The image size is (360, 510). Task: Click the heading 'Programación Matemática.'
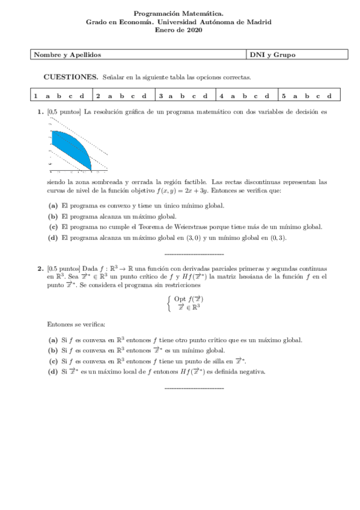tap(179, 12)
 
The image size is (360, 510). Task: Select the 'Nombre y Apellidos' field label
tap(67, 55)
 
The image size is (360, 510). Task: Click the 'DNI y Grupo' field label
tap(272, 55)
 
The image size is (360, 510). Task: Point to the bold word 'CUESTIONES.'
tap(71, 78)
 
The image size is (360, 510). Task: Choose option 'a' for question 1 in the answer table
tap(47, 96)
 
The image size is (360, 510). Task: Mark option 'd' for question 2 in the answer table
tap(144, 96)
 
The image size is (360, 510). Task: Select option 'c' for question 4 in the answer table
tap(255, 96)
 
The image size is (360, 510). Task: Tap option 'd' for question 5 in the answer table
tap(329, 96)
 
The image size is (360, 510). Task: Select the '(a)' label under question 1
tap(53, 206)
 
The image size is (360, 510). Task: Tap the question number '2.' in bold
tap(40, 268)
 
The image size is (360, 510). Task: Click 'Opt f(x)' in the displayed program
tap(188, 298)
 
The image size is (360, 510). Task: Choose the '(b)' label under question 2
tap(53, 350)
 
